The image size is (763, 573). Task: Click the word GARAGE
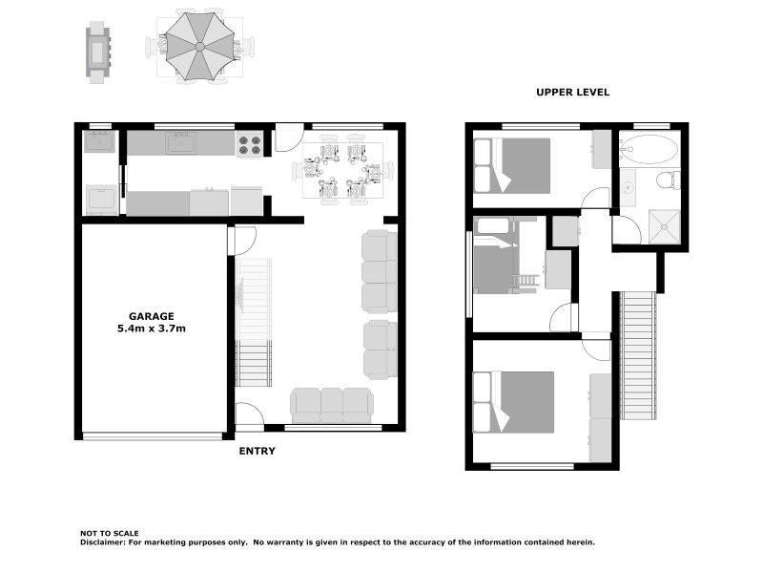click(152, 316)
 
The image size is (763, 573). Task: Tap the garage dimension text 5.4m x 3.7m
click(152, 329)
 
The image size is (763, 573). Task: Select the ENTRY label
click(256, 451)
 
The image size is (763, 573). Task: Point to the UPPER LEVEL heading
click(572, 93)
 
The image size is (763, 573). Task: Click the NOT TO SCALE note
click(109, 533)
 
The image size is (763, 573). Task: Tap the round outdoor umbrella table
click(199, 45)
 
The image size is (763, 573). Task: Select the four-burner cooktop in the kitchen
click(249, 144)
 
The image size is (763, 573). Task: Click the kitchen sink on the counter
click(180, 143)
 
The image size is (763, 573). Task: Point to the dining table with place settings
click(342, 171)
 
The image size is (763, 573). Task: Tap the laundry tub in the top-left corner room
click(99, 142)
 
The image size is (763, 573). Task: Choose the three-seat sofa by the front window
click(331, 405)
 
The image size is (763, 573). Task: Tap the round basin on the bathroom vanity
click(629, 187)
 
